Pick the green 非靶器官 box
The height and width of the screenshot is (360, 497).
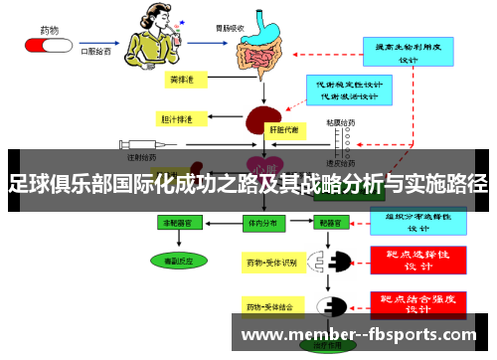click(186, 225)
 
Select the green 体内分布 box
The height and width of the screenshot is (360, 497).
click(263, 225)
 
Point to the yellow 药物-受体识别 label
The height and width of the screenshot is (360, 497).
click(271, 264)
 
